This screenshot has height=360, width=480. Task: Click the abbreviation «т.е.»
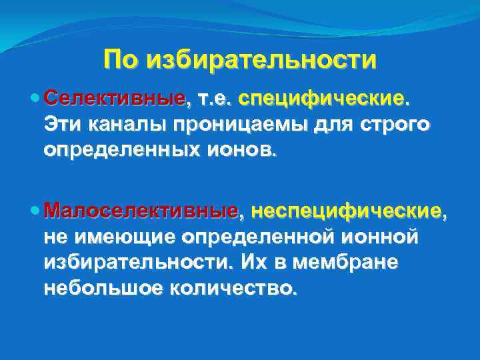pyautogui.click(x=212, y=99)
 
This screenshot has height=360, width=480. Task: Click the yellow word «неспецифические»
pyautogui.click(x=345, y=211)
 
